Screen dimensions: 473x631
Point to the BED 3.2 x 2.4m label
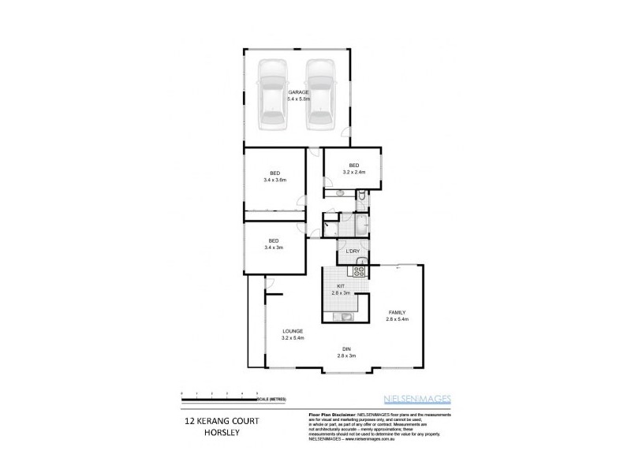pos(353,168)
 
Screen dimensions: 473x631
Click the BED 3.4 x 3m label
pos(274,244)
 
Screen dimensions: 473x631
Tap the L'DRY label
pos(353,251)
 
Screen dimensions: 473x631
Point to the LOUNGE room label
pos(293,334)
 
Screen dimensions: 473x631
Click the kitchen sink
pos(345,317)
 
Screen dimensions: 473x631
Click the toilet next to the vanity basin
pos(360,193)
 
